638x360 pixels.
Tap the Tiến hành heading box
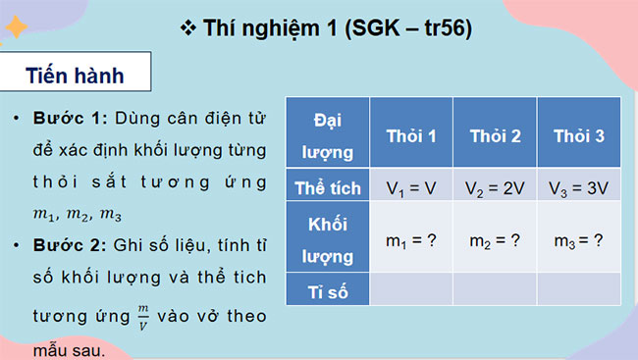[80, 77]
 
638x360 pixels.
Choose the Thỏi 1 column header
[411, 134]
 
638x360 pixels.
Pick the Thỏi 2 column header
[496, 134]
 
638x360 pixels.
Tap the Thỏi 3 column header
[577, 134]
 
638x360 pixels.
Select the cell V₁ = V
[411, 186]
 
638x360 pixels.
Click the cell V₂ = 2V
[496, 186]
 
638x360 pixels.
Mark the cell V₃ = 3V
[577, 186]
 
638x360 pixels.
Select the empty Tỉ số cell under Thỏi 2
[496, 288]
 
